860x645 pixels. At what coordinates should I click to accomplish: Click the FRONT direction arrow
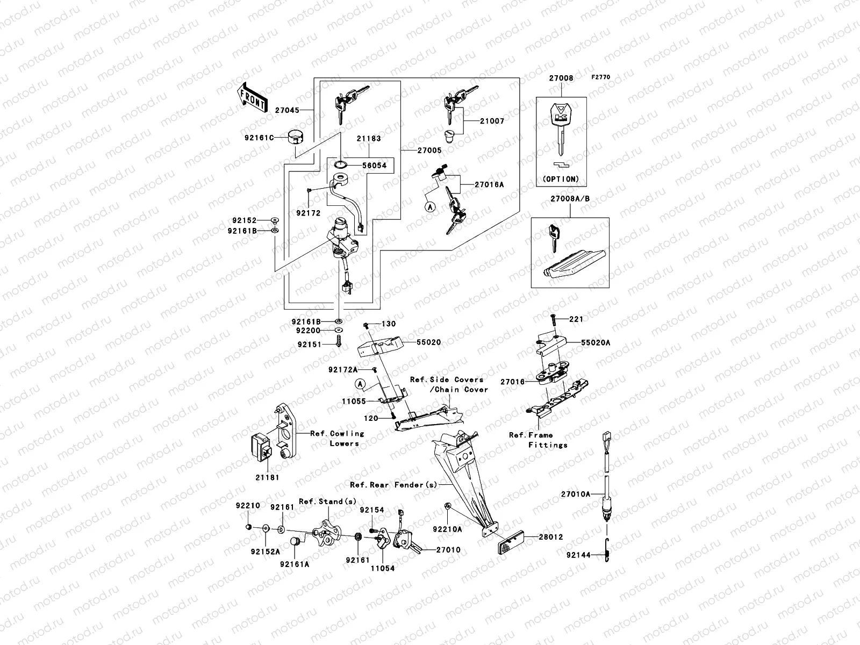pyautogui.click(x=252, y=97)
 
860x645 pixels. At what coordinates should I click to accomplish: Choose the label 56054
pyautogui.click(x=374, y=166)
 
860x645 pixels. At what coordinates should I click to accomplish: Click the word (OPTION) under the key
pyautogui.click(x=561, y=178)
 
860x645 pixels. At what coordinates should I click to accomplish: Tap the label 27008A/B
pyautogui.click(x=569, y=198)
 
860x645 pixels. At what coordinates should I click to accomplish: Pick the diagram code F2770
pyautogui.click(x=601, y=77)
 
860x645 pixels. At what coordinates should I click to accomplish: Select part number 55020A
pyautogui.click(x=596, y=342)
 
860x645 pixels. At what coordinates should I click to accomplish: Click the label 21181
pyautogui.click(x=267, y=477)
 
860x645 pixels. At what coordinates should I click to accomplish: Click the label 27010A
pyautogui.click(x=575, y=493)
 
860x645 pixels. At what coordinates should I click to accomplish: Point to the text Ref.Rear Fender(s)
pyautogui.click(x=393, y=485)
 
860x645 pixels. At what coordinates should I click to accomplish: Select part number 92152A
pyautogui.click(x=265, y=551)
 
